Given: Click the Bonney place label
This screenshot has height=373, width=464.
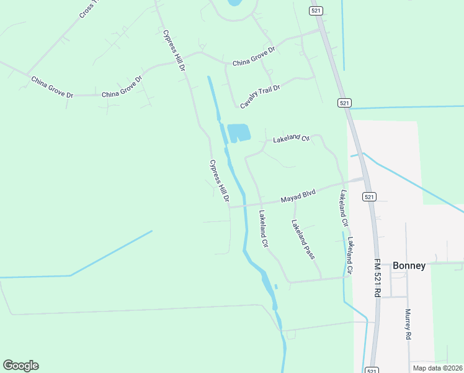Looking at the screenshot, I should coord(409,265).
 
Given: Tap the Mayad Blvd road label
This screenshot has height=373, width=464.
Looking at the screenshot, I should coord(298,196).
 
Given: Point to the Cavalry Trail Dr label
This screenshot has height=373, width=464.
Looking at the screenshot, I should coord(261,96).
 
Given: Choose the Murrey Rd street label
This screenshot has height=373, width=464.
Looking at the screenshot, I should coord(408,323).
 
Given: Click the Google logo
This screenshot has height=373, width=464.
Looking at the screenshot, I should coord(20,366).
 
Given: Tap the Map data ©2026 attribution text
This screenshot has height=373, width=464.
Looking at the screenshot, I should coord(437,368).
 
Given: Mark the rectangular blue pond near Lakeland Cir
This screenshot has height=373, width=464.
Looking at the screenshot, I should coord(239,132).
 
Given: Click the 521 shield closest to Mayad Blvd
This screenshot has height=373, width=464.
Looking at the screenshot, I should coord(369,197).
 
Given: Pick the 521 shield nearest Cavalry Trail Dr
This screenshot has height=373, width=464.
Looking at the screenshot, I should coord(345,102).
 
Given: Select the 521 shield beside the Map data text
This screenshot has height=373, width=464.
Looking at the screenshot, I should coord(371,370).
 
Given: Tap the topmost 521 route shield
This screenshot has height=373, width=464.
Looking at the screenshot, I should coord(316,11).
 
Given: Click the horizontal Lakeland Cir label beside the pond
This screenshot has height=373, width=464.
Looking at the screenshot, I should coord(291,137).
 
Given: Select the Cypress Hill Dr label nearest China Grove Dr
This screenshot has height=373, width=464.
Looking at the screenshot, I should coord(174,50).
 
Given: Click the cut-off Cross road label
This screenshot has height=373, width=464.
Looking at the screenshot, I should coord(89,9).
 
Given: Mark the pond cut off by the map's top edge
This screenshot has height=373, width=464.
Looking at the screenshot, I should coord(234,2).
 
